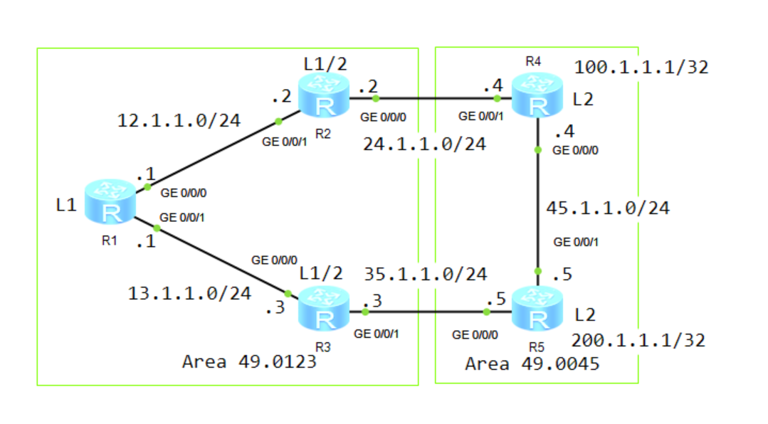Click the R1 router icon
pos(109,203)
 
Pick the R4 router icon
pos(539,97)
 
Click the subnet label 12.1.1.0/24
pos(179,121)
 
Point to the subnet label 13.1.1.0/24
pos(189,292)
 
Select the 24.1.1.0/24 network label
pos(424,144)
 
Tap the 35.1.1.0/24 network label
pos(425,274)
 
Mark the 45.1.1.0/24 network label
pos(607,209)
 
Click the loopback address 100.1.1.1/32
pos(641,68)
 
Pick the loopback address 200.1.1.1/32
pos(638,340)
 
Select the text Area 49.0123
pos(249,361)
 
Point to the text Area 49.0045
pos(532,364)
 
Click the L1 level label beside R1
pos(65,206)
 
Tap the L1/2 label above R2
pos(325,63)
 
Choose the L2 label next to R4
pos(582,100)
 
